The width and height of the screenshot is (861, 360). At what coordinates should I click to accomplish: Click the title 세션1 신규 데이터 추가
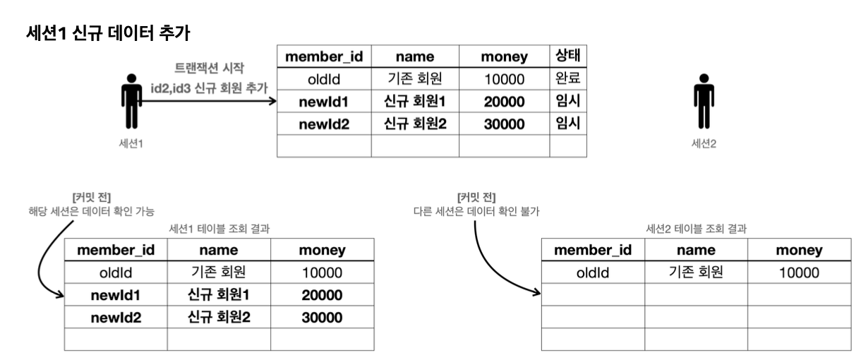(108, 32)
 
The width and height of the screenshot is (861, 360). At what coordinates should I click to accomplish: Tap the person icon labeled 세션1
(131, 101)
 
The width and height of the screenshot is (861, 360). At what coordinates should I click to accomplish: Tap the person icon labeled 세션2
(704, 101)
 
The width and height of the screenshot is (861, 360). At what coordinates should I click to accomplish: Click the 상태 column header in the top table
(567, 56)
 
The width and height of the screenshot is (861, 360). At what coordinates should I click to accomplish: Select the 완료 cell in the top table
(567, 78)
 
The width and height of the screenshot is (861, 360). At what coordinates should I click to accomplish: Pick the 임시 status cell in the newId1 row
(567, 101)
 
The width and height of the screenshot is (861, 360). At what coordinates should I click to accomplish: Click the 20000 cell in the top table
(504, 102)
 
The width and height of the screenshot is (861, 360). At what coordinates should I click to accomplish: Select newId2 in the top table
(324, 124)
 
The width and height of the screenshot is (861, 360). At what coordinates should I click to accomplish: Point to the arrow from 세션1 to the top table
(207, 101)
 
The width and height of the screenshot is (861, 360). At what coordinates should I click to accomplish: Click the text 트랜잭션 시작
(209, 68)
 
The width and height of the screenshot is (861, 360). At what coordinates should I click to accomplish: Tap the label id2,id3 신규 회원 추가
(209, 88)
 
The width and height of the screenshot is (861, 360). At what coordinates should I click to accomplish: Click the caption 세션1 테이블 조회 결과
(219, 229)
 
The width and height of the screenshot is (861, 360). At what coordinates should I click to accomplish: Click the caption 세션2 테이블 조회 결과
(696, 229)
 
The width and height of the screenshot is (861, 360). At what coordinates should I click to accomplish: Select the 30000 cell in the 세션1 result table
(322, 318)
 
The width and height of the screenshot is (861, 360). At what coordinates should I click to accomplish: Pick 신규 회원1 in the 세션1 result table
(219, 294)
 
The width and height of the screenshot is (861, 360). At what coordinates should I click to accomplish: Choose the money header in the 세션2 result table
(800, 250)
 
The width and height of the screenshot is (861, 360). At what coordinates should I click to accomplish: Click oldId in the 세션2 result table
(593, 272)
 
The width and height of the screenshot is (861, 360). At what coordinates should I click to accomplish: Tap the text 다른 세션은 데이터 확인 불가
(476, 211)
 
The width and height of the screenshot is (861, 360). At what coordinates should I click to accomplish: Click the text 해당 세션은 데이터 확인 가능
(92, 211)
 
